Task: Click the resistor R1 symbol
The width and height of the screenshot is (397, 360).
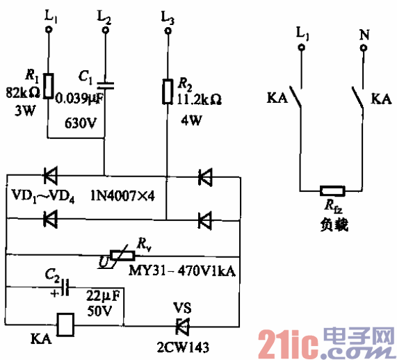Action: tap(47, 85)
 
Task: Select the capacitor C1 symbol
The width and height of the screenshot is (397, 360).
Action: tap(104, 85)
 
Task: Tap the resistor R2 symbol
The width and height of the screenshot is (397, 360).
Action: tap(166, 91)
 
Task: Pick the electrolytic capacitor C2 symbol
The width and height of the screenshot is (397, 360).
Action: tap(64, 286)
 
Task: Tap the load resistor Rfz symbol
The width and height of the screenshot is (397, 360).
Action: tap(331, 190)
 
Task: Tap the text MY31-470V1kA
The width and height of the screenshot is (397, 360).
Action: tap(182, 270)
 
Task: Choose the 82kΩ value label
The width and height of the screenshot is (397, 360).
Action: tap(21, 94)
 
